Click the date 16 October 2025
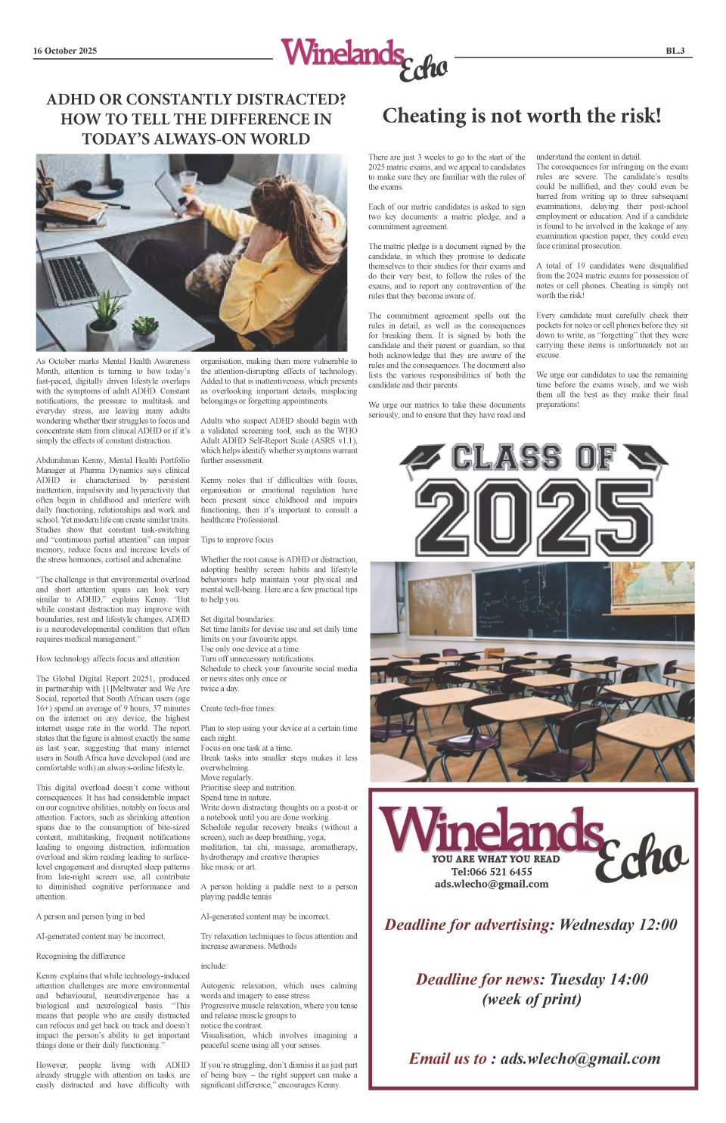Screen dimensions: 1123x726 click(65, 51)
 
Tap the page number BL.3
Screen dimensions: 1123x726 click(675, 51)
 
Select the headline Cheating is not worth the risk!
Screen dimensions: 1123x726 click(522, 116)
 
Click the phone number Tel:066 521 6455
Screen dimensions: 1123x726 click(492, 872)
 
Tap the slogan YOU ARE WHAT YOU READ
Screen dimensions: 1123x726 click(495, 859)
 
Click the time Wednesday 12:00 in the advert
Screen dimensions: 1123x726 click(618, 924)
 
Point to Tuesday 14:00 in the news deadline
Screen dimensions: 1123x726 click(599, 979)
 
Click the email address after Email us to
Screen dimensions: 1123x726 click(580, 1059)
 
